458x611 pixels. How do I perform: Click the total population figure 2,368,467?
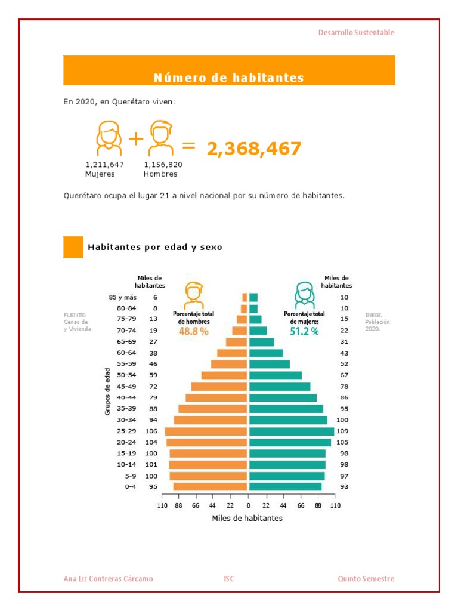254,149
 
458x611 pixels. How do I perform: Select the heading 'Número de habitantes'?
229,78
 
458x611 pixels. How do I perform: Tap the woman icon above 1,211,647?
108,138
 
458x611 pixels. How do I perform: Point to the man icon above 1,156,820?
160,138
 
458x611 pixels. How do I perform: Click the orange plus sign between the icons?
137,140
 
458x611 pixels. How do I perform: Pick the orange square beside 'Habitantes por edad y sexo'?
73,247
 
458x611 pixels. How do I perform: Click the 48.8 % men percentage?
193,332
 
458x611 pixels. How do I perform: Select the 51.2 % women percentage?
304,332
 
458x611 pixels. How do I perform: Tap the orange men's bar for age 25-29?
206,431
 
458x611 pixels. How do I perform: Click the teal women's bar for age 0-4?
285,487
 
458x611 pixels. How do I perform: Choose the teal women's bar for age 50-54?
276,375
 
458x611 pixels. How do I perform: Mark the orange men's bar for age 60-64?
232,353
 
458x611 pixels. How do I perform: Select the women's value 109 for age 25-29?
342,431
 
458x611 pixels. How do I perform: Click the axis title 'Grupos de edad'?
108,392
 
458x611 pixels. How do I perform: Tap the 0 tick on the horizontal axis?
248,506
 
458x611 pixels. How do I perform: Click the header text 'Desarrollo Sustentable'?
356,33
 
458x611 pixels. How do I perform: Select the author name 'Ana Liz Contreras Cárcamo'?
108,579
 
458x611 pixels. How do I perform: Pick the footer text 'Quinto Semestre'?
366,579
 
